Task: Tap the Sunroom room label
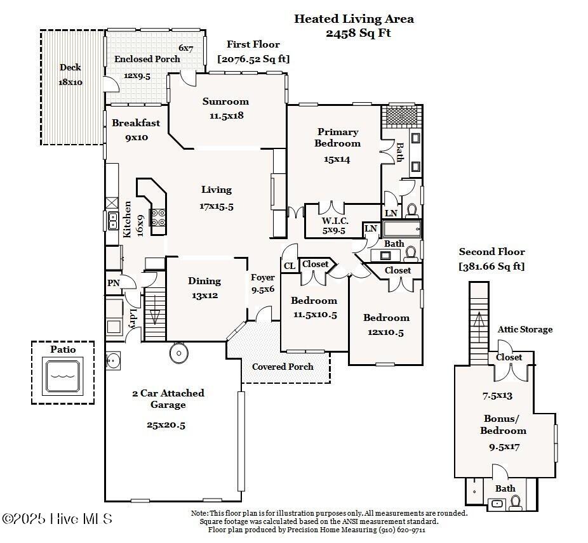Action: coord(225,101)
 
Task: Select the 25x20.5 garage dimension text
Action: coord(166,425)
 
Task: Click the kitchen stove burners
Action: coord(158,218)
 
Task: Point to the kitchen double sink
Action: coord(112,220)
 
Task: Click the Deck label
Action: coord(70,67)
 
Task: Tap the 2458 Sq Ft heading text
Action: coord(358,33)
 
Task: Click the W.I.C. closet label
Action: coord(335,221)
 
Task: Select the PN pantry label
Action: coord(113,283)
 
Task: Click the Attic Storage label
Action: coord(525,329)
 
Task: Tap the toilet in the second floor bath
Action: coord(516,503)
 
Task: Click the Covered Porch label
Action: coord(283,367)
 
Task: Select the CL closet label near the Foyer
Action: coord(289,266)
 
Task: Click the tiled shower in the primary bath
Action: coord(401,115)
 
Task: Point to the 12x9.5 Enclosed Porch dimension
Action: coord(137,75)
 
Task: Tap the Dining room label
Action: coord(204,281)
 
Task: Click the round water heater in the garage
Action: coord(179,353)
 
